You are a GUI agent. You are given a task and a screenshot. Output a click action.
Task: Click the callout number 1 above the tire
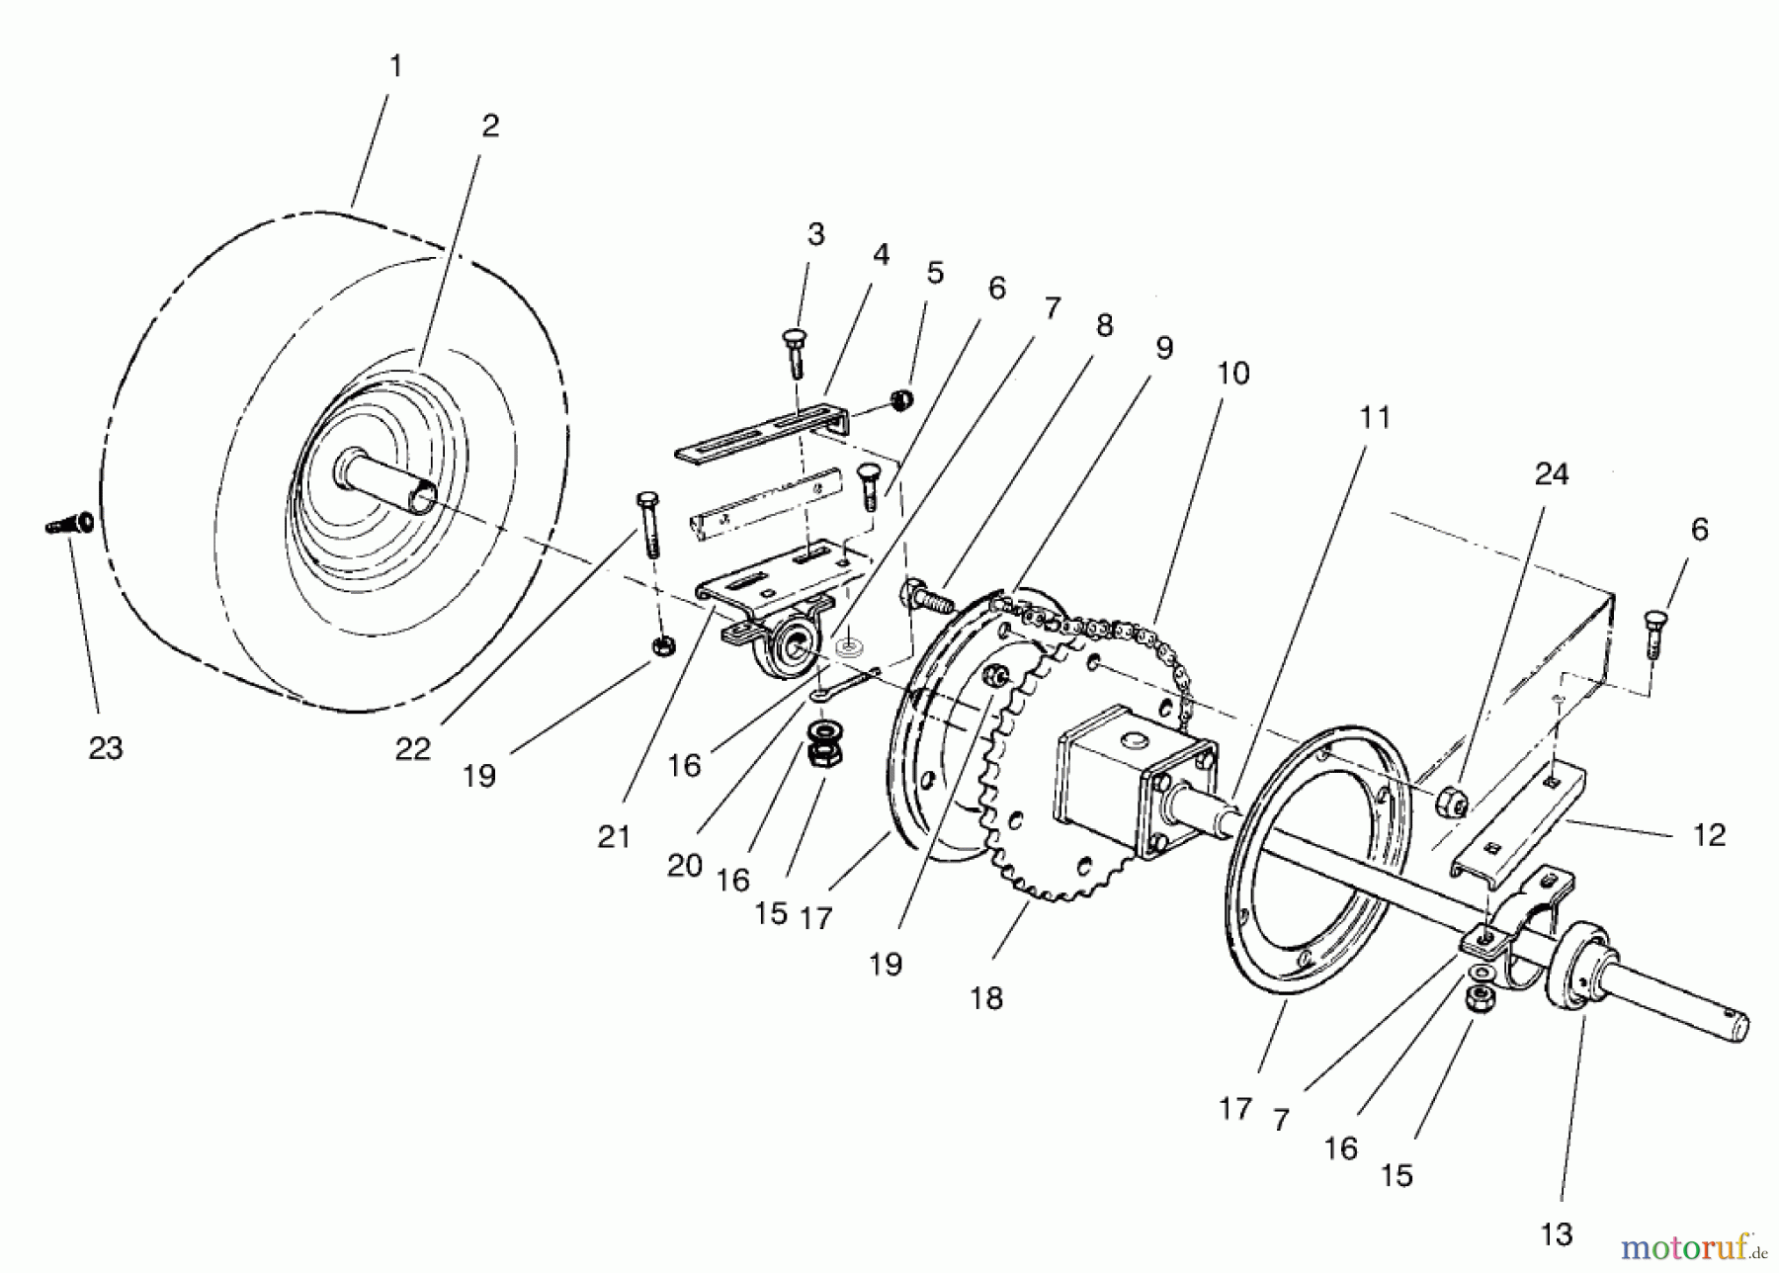click(x=395, y=67)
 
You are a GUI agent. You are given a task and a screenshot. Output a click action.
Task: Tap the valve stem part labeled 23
click(x=70, y=523)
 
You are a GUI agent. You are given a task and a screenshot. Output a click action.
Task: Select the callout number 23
click(x=106, y=748)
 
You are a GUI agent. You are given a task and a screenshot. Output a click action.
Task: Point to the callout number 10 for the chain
click(x=1232, y=374)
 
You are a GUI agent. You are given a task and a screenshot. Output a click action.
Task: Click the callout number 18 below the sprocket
click(x=985, y=998)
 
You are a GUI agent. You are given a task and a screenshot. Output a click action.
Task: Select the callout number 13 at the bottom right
click(x=1557, y=1233)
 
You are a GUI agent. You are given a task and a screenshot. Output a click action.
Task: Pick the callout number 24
click(x=1551, y=474)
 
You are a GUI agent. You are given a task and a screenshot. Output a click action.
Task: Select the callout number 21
click(x=614, y=837)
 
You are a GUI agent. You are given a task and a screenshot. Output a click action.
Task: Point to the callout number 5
click(x=935, y=272)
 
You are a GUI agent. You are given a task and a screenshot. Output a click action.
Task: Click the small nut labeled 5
click(x=900, y=400)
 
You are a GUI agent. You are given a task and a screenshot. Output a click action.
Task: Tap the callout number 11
click(x=1375, y=417)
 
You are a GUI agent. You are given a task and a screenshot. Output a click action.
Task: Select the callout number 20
click(x=684, y=866)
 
